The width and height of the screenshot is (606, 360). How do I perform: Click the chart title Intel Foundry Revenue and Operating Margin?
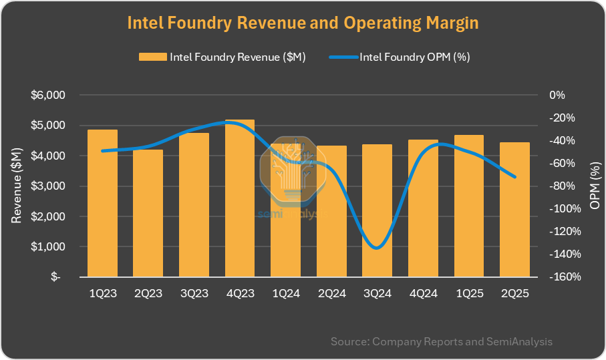(x=303, y=23)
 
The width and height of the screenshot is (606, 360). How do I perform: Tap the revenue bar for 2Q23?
(x=148, y=213)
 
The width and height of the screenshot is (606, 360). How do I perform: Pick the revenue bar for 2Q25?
(x=514, y=210)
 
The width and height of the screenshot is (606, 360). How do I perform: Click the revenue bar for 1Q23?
(x=103, y=203)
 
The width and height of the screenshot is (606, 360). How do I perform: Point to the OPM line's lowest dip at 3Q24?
(x=377, y=248)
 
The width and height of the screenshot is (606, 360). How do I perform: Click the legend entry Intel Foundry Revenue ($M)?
(x=222, y=57)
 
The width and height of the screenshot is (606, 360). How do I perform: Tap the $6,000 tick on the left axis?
(x=47, y=95)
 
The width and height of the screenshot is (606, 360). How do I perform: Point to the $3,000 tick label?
(x=47, y=186)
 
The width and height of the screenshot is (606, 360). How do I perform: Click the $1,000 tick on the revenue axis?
(x=47, y=247)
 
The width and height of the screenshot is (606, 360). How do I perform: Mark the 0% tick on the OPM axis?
(x=557, y=95)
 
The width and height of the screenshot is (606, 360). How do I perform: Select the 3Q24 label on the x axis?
(x=377, y=293)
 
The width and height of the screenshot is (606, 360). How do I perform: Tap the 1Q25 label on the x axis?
(x=468, y=293)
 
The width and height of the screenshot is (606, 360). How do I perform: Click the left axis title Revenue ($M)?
(x=17, y=186)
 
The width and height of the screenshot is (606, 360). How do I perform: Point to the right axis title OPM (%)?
(x=595, y=186)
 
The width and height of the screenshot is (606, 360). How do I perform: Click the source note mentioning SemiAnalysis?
(x=442, y=342)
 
